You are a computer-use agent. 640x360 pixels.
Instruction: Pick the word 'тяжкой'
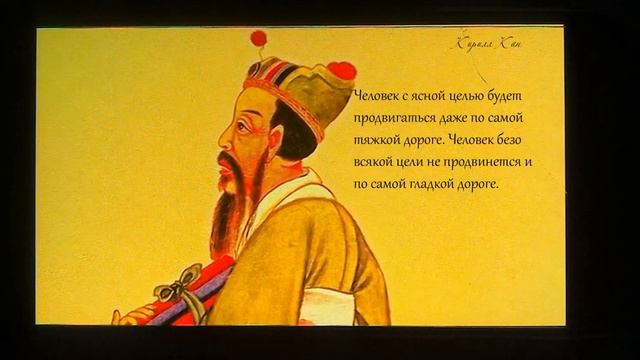tap(378, 140)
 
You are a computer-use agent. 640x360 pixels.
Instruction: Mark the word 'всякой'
tap(375, 162)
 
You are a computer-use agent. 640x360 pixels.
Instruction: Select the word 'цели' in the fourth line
tap(414, 162)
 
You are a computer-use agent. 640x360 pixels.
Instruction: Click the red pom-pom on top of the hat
tap(259, 38)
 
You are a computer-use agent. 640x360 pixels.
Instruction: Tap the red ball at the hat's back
tap(342, 70)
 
